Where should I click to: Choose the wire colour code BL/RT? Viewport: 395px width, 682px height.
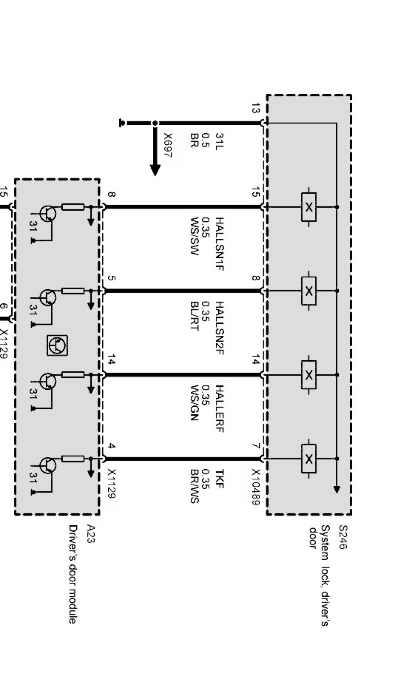[x=194, y=316]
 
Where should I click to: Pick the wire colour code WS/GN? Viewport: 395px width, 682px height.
[x=194, y=403]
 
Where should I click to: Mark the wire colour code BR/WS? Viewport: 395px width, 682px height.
[x=194, y=486]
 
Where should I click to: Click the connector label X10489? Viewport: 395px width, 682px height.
[x=255, y=487]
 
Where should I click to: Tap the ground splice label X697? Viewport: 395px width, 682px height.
[x=168, y=145]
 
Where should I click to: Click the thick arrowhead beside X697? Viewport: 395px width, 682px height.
[x=155, y=170]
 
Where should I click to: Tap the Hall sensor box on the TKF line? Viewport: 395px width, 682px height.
[x=309, y=458]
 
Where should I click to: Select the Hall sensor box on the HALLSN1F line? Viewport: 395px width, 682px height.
[x=309, y=207]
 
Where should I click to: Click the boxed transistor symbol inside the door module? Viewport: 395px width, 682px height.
[x=57, y=345]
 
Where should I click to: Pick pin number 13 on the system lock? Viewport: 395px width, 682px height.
[x=255, y=108]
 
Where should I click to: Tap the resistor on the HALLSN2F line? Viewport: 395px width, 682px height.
[x=73, y=291]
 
